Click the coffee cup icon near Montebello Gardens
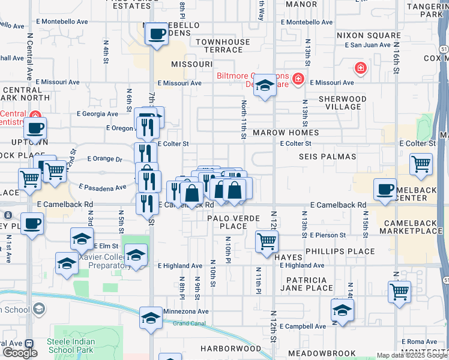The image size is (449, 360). click(157, 34)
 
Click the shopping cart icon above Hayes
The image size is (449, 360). click(267, 241)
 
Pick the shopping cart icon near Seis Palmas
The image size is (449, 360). click(421, 163)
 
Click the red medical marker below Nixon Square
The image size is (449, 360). click(360, 68)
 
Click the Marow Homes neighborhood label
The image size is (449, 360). click(285, 132)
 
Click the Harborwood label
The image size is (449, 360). click(231, 348)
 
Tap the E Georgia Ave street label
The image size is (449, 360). click(97, 113)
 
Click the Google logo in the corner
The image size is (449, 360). click(20, 353)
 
